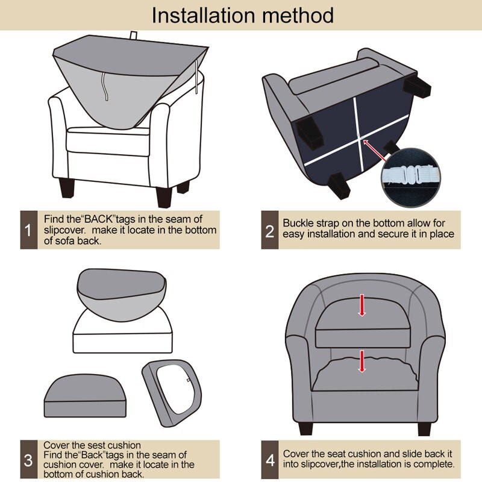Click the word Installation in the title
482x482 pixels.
pyautogui.click(x=203, y=16)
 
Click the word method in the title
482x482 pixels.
pyautogui.click(x=298, y=16)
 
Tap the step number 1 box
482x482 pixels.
pyautogui.click(x=28, y=230)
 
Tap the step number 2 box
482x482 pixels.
pyautogui.click(x=269, y=230)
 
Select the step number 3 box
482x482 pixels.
pyautogui.click(x=28, y=459)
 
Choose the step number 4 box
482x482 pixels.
pyautogui.click(x=269, y=459)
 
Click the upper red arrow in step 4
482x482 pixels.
pyautogui.click(x=362, y=305)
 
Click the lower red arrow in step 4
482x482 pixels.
pyautogui.click(x=362, y=361)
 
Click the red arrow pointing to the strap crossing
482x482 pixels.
pyautogui.click(x=375, y=151)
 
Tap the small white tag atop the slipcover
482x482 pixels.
pyautogui.click(x=133, y=35)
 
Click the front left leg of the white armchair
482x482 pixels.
pyautogui.click(x=67, y=188)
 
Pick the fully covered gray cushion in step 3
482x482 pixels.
pyautogui.click(x=85, y=396)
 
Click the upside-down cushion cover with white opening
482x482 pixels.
pyautogui.click(x=172, y=393)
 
